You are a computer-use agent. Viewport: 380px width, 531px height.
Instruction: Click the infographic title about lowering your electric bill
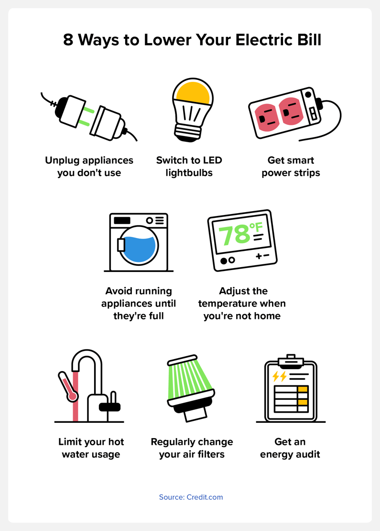[192, 40]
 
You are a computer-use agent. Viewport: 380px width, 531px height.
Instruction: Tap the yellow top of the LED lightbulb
[193, 92]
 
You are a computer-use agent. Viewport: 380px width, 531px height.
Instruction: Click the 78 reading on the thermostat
[234, 235]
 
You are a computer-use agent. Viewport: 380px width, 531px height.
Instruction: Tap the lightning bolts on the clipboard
[279, 376]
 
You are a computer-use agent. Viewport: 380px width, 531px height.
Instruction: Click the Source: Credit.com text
[191, 497]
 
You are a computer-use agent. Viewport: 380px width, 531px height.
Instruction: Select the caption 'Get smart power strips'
[291, 166]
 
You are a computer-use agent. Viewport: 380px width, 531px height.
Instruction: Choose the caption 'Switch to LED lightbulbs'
[189, 166]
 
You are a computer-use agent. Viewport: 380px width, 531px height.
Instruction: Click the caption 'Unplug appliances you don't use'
[89, 166]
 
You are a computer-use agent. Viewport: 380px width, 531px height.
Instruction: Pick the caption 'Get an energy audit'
[290, 448]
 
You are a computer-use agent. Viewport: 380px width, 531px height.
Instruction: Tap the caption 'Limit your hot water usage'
[91, 448]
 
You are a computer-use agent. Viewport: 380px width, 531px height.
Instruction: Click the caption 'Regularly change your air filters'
[192, 448]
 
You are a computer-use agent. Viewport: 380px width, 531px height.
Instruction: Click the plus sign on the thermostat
[259, 257]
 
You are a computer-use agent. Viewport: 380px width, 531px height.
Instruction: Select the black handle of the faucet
[109, 407]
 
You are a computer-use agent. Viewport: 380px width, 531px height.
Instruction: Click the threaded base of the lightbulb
[187, 131]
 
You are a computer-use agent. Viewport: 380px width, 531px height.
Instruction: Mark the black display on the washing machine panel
[122, 221]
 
